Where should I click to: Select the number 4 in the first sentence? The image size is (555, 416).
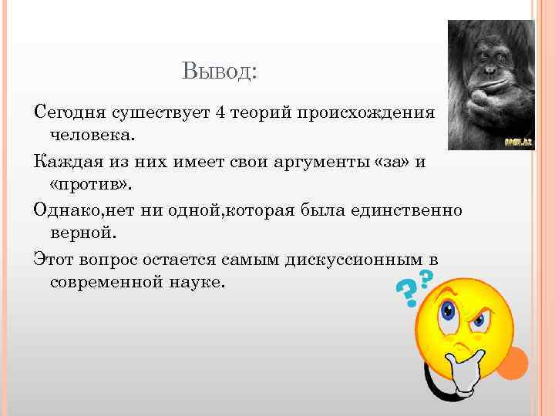coord(220,114)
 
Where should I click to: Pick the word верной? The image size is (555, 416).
coord(82,233)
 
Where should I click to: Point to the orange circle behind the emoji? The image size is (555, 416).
coord(517,362)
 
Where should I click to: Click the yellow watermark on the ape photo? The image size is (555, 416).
coord(516,141)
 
